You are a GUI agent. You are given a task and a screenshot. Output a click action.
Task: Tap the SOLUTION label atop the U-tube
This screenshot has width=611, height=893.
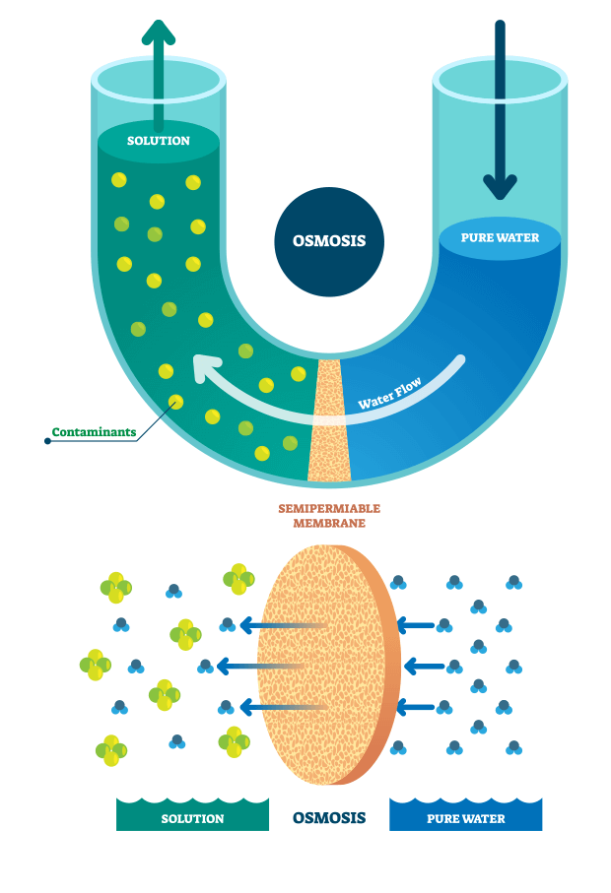[158, 141]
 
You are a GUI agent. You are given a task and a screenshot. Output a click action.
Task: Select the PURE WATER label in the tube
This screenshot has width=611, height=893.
[499, 238]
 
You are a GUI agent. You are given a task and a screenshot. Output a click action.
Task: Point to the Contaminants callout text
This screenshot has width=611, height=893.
[94, 431]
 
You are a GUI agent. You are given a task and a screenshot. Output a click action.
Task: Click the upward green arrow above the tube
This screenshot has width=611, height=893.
[158, 34]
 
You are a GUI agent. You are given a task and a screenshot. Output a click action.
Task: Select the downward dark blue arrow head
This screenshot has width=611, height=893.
[500, 185]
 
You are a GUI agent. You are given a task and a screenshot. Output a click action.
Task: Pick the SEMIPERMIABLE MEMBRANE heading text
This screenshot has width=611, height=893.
[330, 515]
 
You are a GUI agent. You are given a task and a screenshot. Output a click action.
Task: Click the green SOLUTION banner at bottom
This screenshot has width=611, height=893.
[192, 818]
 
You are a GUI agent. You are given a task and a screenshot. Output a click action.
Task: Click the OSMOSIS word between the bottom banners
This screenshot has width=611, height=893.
[329, 817]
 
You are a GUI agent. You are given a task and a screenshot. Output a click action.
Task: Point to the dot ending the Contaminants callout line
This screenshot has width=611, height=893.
[47, 440]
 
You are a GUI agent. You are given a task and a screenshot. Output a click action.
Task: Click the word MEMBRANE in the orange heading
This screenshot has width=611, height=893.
[330, 523]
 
